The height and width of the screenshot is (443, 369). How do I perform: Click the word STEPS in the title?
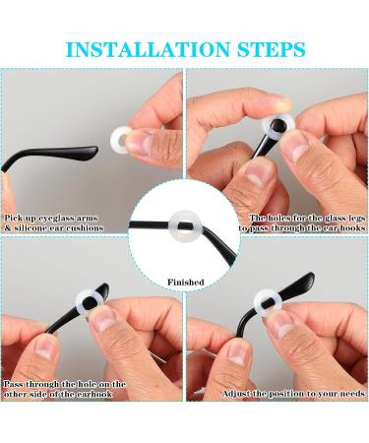(267, 49)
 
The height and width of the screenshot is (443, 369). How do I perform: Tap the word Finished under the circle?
(185, 283)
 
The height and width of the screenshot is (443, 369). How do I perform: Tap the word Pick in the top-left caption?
(15, 217)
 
